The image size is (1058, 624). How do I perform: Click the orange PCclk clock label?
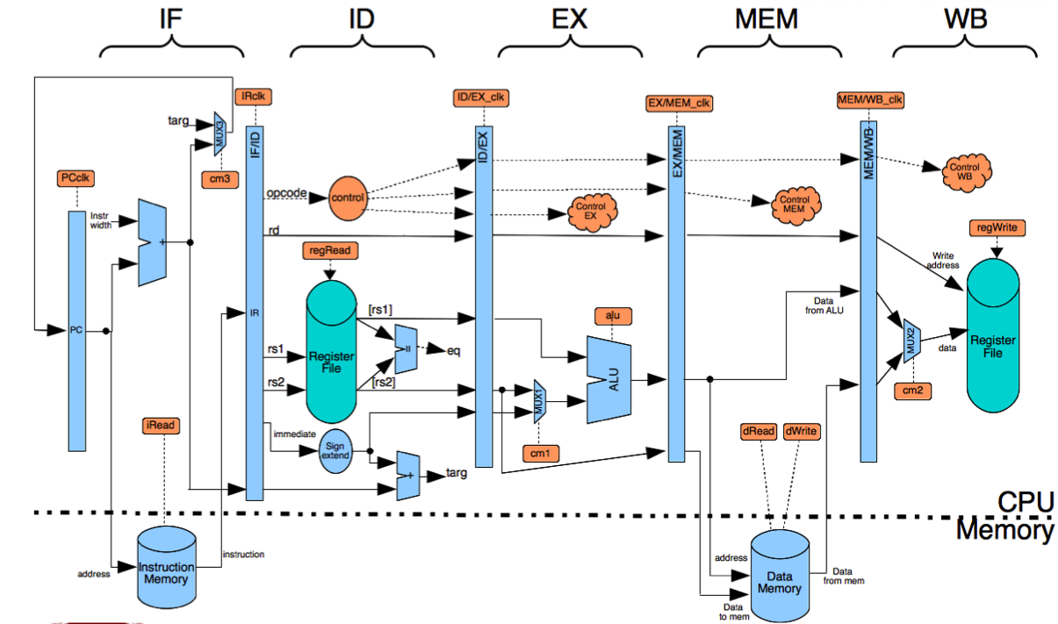75,179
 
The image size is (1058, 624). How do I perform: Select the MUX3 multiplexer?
220,131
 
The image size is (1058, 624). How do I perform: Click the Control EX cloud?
583,211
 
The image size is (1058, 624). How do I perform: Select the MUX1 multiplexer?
538,400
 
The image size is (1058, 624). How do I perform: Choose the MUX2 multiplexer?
910,340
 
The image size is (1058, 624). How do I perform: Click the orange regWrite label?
995,229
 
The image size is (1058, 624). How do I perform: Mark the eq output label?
453,349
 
